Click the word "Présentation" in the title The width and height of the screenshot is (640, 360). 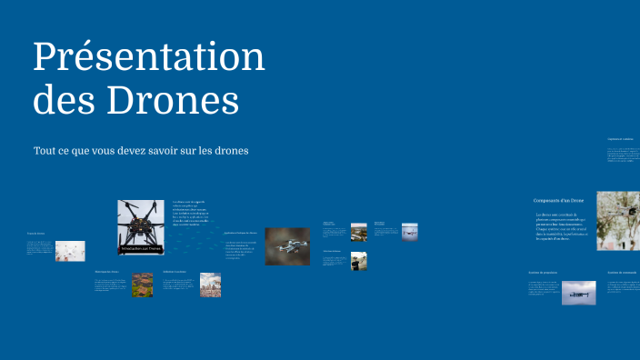point(149,58)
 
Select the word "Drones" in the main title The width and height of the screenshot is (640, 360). point(173,100)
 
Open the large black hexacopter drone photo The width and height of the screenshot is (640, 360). point(141,223)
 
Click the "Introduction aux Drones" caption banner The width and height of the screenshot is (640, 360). point(141,247)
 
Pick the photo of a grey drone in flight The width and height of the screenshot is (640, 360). point(287,245)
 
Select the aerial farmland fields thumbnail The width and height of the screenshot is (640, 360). point(142,285)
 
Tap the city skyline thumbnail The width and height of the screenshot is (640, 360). point(210,285)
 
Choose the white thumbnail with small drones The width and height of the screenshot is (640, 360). point(70,251)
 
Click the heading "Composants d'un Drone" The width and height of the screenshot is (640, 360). point(558,199)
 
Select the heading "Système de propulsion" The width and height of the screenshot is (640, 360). point(544,272)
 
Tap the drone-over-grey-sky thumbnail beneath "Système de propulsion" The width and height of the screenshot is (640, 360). point(578,292)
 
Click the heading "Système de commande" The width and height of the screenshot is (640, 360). point(622,272)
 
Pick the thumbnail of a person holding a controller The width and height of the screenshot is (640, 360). point(359,262)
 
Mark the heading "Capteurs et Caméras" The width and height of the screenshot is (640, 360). point(622,139)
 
